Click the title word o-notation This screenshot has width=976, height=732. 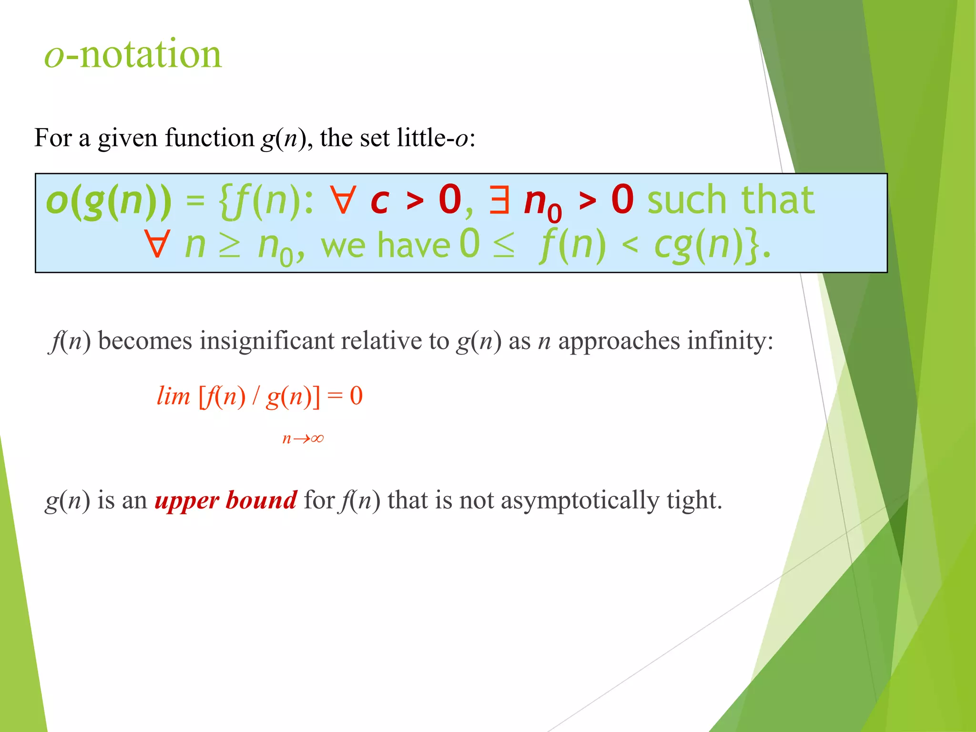click(x=133, y=54)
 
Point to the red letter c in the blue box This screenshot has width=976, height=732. click(x=380, y=201)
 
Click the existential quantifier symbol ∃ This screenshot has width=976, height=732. click(x=499, y=200)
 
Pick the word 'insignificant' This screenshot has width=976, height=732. click(x=267, y=341)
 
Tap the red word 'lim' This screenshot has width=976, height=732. click(x=173, y=396)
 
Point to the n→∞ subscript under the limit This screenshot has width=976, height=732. click(x=303, y=438)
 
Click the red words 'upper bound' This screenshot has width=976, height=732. click(x=226, y=500)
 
